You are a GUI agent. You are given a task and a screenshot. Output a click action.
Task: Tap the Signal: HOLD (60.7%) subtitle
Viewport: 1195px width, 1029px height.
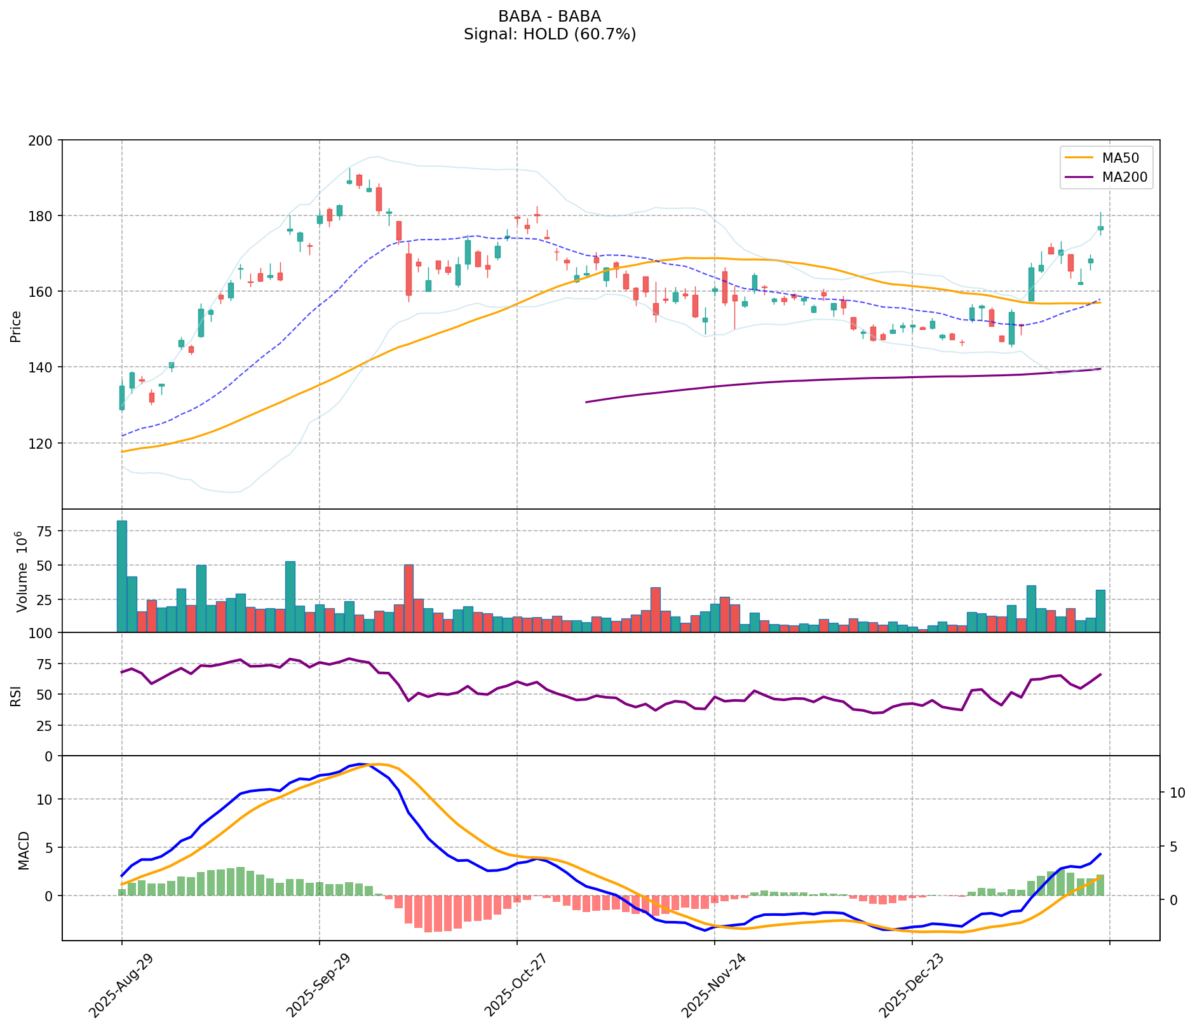pos(550,34)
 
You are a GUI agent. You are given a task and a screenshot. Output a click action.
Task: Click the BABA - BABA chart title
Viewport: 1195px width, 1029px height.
pos(550,16)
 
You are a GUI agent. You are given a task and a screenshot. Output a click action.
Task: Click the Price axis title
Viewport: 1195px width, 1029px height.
pos(17,326)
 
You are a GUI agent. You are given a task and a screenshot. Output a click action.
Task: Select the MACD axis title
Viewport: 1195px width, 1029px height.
pos(24,850)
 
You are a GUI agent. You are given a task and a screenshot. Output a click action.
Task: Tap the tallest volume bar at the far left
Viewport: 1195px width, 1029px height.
pos(122,576)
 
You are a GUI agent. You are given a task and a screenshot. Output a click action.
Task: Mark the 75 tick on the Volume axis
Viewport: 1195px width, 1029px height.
pos(46,531)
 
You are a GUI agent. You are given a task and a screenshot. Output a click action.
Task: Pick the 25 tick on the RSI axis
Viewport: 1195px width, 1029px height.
pos(46,725)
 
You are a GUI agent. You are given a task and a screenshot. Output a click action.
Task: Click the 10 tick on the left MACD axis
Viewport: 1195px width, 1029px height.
pos(46,799)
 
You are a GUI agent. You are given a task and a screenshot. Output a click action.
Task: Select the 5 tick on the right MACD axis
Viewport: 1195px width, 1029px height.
pos(1174,847)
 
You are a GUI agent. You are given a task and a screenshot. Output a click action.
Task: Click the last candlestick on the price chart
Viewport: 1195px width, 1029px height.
pos(1100,228)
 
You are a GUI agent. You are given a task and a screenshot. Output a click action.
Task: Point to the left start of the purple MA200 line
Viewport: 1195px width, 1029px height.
pos(586,402)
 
